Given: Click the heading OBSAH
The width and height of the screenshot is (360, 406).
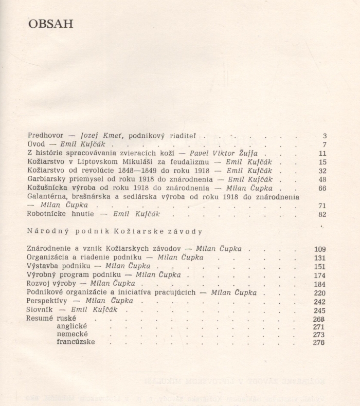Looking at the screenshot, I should click(x=50, y=24).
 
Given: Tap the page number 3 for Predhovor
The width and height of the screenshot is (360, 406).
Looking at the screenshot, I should click(x=325, y=136).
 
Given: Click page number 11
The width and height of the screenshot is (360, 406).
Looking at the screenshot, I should click(x=322, y=153).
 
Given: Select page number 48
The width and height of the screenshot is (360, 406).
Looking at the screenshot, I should click(x=322, y=179).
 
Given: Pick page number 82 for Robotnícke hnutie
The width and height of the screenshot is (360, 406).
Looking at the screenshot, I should click(x=322, y=214).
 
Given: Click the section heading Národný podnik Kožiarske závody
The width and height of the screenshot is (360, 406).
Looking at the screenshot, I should click(x=114, y=232).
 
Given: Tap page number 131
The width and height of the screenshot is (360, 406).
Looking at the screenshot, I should click(x=320, y=258).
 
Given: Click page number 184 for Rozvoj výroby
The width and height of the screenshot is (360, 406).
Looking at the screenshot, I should click(x=320, y=284).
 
